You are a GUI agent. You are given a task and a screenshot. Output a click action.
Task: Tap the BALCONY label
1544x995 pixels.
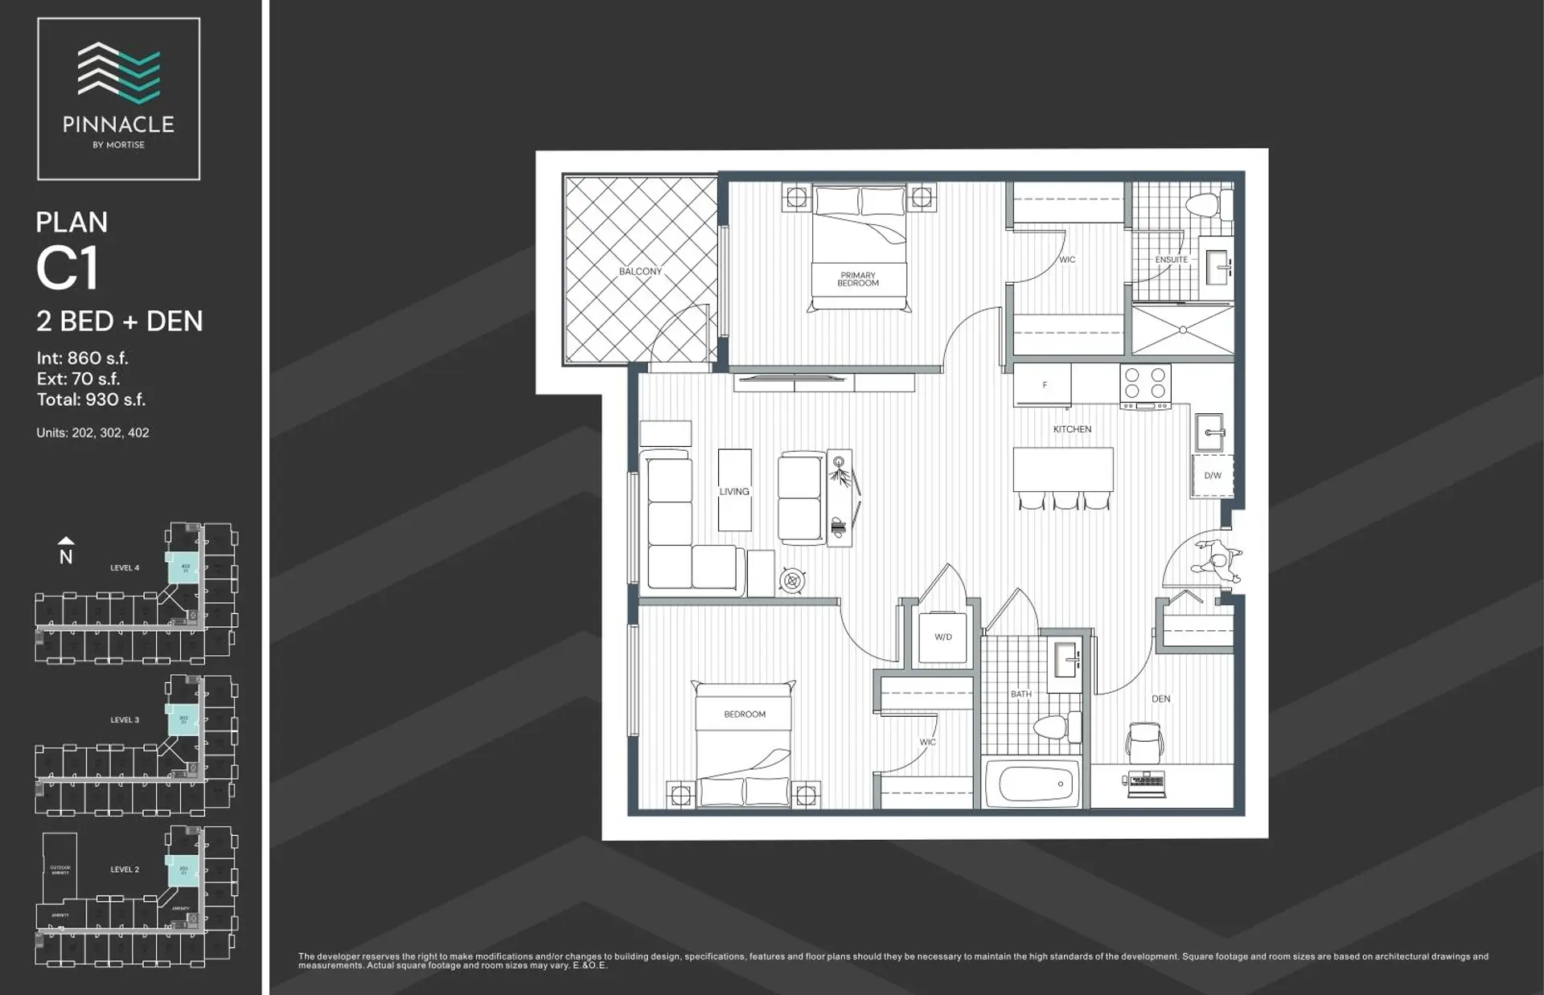pos(640,272)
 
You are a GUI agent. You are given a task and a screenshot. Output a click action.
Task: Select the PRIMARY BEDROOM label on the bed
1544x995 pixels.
pos(858,279)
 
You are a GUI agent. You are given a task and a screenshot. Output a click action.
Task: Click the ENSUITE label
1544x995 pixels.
pos(1171,260)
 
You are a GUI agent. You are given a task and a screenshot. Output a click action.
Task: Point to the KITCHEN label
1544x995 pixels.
pos(1072,429)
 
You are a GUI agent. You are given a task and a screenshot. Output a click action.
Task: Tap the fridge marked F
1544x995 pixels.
pos(1042,385)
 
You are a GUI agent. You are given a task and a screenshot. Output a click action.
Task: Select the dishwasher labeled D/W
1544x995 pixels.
pos(1212,476)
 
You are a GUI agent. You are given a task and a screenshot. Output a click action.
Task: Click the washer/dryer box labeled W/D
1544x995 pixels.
pos(942,637)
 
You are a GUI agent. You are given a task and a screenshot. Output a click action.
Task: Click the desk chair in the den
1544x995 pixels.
pos(1144,741)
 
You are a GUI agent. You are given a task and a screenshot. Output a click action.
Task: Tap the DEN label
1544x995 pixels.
pos(1160,698)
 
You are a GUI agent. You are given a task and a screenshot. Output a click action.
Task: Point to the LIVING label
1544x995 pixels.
pos(733,491)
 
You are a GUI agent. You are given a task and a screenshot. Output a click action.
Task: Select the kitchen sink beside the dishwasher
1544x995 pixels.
pos(1209,432)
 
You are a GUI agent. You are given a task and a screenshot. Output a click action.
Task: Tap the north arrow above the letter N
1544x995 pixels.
pos(66,541)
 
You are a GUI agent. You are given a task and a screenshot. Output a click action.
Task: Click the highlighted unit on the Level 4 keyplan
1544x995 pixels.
pos(183,567)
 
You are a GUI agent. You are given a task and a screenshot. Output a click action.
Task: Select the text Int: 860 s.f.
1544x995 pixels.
pos(82,358)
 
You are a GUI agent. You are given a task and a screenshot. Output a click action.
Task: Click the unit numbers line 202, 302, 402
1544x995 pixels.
pos(92,432)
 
